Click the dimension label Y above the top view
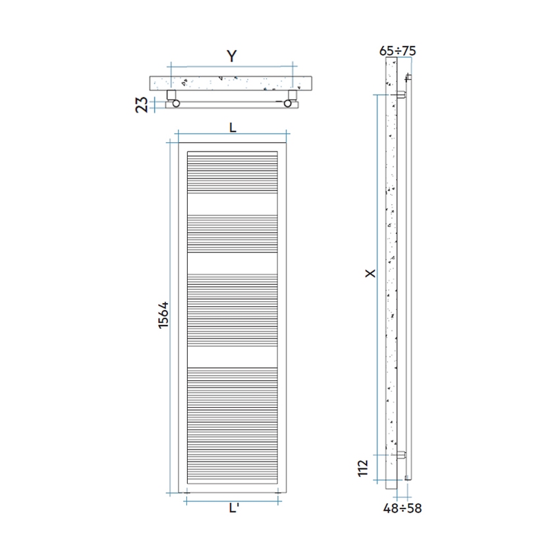pyautogui.click(x=231, y=57)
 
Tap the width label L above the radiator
pyautogui.click(x=233, y=128)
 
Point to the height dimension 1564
pyautogui.click(x=164, y=316)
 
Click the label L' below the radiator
pyautogui.click(x=233, y=508)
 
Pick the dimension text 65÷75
pyautogui.click(x=398, y=50)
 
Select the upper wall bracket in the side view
pyautogui.click(x=401, y=95)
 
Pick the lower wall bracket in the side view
pyautogui.click(x=401, y=454)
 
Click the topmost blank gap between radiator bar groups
pyautogui.click(x=233, y=204)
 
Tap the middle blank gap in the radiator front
pyautogui.click(x=233, y=263)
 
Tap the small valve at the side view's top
pyautogui.click(x=408, y=78)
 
